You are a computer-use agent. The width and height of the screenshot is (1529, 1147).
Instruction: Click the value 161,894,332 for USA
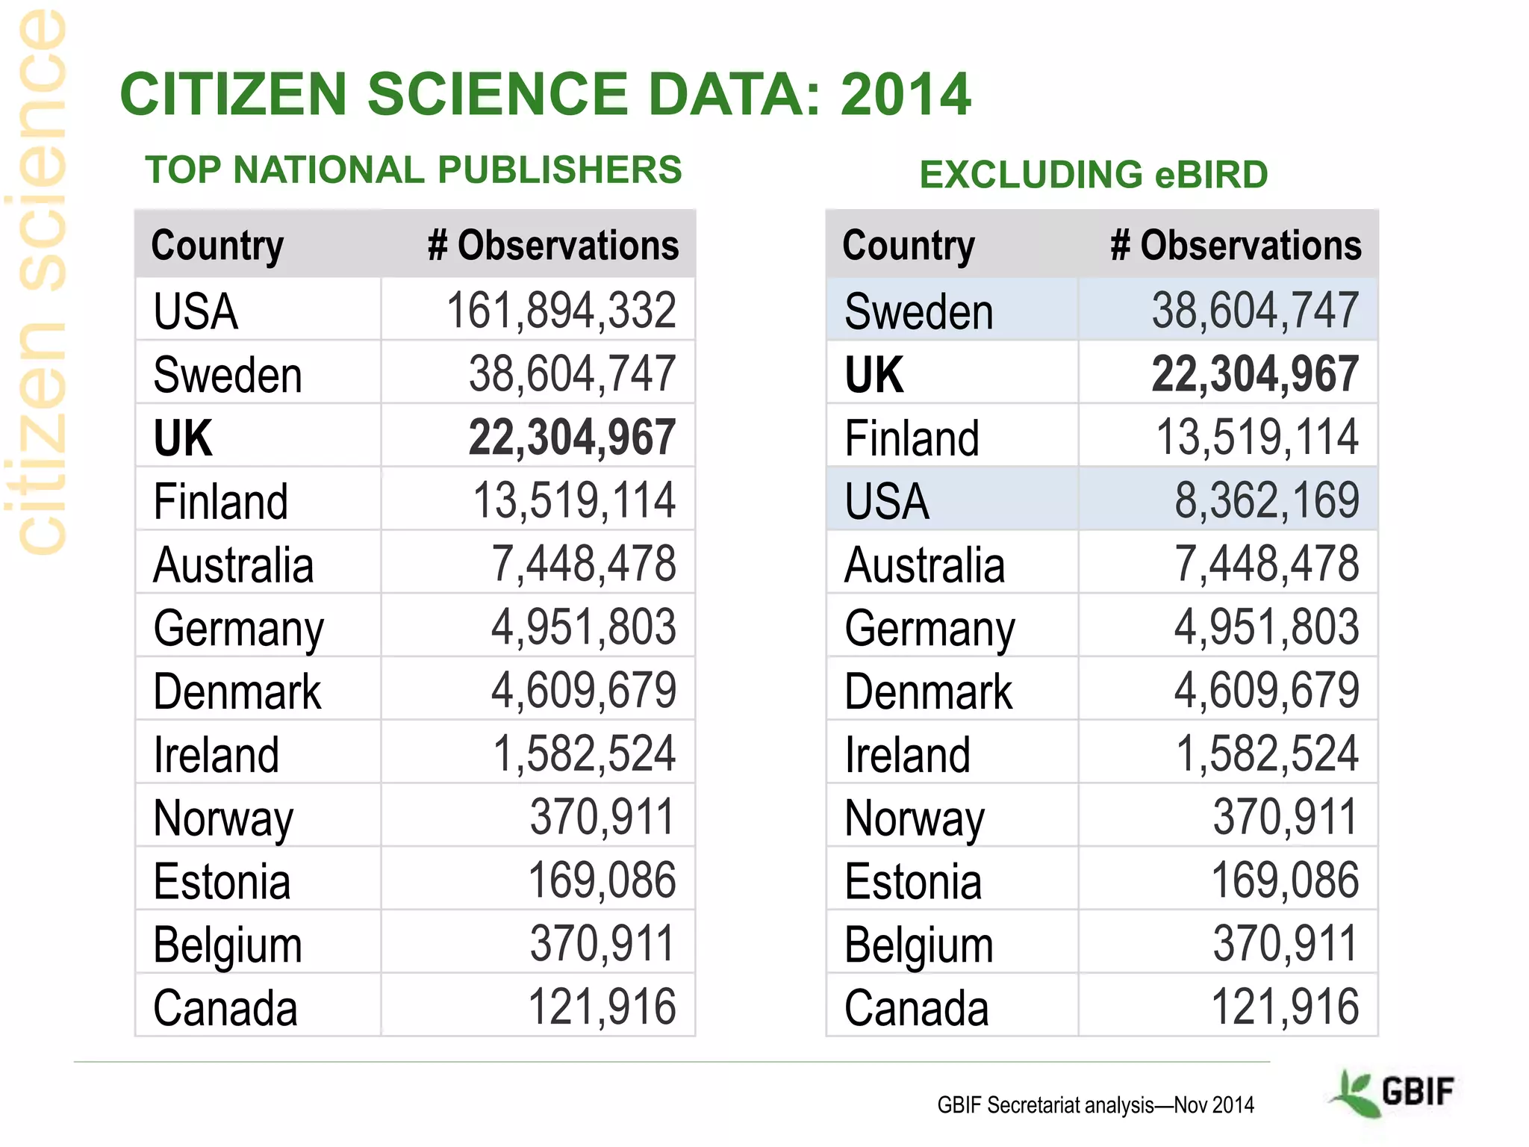(x=561, y=311)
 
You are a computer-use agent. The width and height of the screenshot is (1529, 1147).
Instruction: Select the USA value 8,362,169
(x=1266, y=500)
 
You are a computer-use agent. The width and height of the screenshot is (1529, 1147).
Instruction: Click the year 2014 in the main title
(x=905, y=95)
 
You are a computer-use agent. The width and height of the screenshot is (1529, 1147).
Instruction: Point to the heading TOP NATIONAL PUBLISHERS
(x=414, y=170)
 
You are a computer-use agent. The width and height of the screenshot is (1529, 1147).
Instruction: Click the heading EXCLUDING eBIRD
(x=1093, y=175)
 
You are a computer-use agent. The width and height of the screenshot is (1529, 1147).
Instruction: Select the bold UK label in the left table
(x=183, y=438)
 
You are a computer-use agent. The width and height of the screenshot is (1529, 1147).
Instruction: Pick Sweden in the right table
(x=919, y=311)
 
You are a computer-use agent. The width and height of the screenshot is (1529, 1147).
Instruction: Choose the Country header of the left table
(x=217, y=246)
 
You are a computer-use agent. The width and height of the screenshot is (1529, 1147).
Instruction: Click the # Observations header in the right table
(x=1236, y=246)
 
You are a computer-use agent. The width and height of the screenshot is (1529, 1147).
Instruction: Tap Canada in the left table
(x=225, y=1008)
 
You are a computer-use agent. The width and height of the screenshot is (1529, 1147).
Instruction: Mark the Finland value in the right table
(x=1257, y=437)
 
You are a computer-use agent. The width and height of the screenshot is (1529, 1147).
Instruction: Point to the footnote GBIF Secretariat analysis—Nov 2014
(x=1095, y=1105)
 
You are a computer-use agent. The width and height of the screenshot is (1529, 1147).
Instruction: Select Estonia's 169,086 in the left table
(x=602, y=880)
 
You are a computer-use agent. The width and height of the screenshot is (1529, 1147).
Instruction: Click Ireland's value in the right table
(x=1267, y=753)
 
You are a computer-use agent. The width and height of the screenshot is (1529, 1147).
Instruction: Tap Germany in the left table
(x=238, y=629)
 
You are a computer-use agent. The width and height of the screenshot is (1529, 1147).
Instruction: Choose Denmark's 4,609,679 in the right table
(x=1266, y=690)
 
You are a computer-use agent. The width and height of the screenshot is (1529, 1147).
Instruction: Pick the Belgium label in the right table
(x=919, y=945)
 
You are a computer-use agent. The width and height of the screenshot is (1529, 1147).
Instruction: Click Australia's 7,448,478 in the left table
(x=583, y=564)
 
